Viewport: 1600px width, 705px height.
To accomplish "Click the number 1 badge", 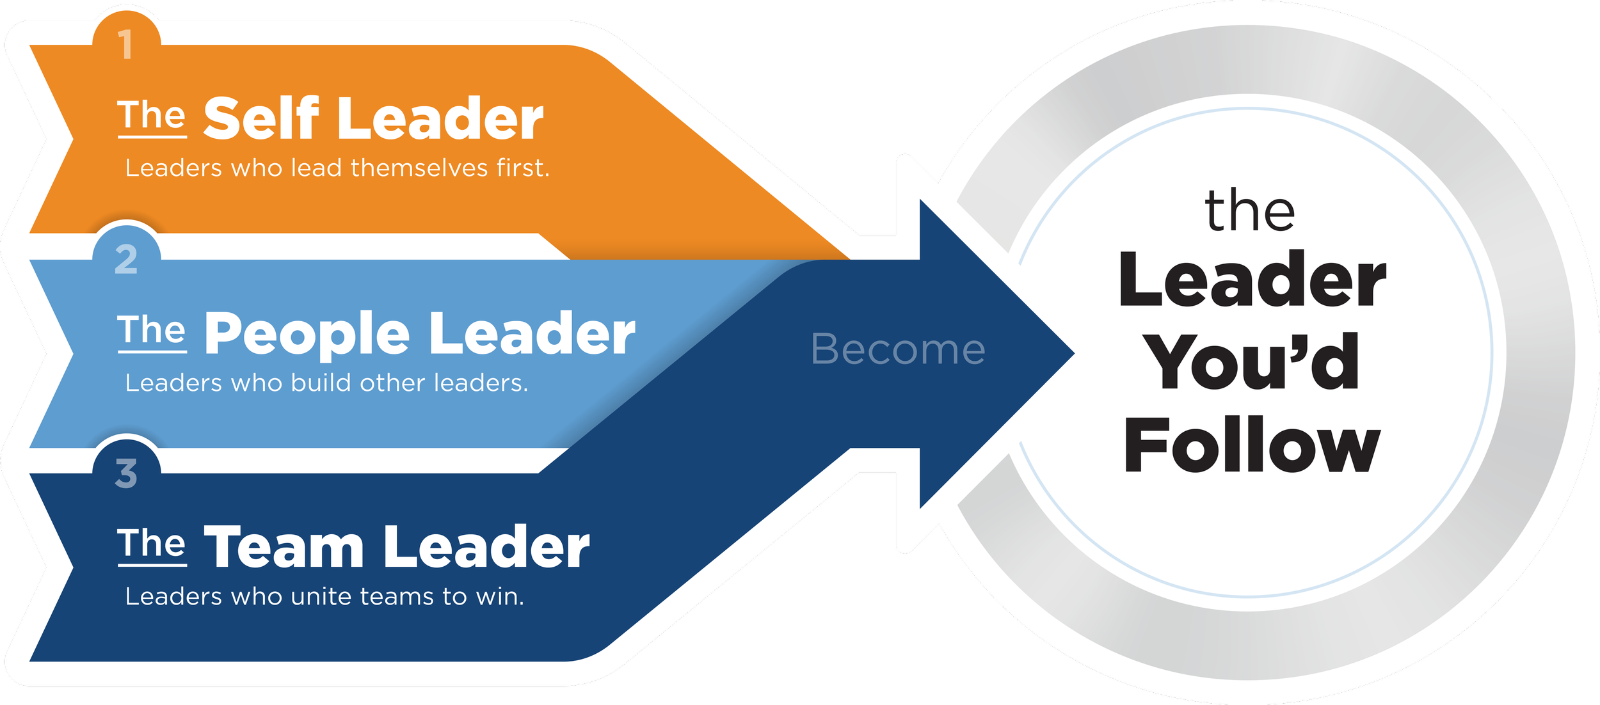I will pos(126,45).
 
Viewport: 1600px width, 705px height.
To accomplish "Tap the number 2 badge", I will pos(126,260).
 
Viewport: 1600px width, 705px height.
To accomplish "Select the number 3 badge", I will pos(126,474).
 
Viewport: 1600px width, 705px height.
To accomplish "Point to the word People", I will pos(307,334).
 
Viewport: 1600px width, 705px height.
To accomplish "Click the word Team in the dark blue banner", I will pos(284,548).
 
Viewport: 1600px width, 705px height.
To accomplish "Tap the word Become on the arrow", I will pos(898,350).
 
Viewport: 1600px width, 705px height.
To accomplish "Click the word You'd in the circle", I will pos(1252,362).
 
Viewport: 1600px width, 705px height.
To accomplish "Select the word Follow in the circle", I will pos(1252,445).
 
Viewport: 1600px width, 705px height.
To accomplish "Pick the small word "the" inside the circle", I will pos(1249,211).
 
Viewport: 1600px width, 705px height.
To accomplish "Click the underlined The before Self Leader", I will pos(152,116).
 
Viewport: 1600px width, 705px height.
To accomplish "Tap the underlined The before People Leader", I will pos(152,331).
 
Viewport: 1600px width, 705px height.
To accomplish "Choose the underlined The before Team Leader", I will pos(152,545).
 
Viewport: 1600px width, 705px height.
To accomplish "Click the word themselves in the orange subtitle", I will pos(419,168).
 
